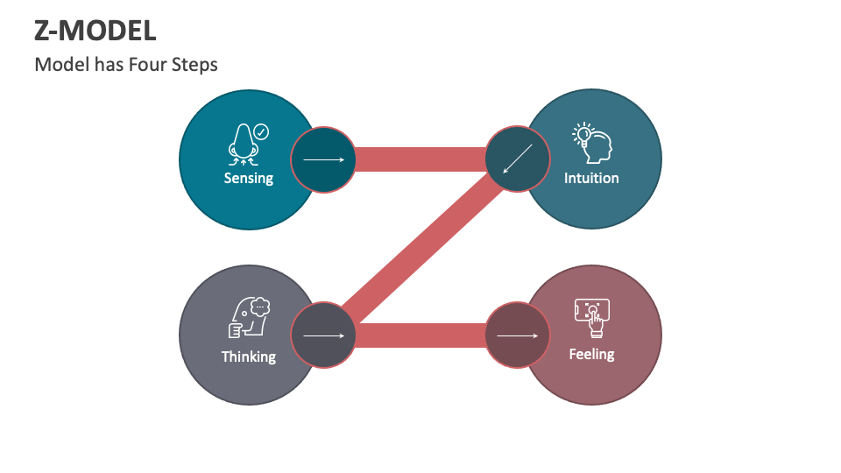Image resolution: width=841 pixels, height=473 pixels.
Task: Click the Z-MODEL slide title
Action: click(x=95, y=31)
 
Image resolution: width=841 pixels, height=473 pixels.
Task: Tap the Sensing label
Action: click(x=249, y=178)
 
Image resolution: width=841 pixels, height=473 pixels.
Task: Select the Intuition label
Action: click(x=591, y=178)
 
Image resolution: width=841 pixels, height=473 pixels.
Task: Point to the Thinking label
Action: click(x=249, y=357)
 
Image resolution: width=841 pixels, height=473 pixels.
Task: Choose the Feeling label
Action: click(x=591, y=354)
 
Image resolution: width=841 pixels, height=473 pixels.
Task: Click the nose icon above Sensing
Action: click(x=243, y=144)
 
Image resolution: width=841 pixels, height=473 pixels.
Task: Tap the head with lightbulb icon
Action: click(x=593, y=143)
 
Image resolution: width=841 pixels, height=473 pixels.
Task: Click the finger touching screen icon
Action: click(x=593, y=317)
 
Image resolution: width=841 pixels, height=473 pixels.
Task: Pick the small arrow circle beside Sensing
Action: click(x=323, y=159)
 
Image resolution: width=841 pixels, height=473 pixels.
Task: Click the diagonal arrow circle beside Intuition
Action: click(x=518, y=159)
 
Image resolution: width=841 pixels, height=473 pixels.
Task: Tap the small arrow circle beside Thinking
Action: click(x=323, y=335)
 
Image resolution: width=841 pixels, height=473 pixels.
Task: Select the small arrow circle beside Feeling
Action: click(x=518, y=335)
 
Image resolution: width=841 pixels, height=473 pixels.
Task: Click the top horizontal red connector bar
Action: click(x=420, y=159)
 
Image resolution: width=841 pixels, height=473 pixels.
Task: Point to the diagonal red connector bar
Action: click(x=420, y=247)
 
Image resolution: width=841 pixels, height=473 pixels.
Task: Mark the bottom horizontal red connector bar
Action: click(x=420, y=335)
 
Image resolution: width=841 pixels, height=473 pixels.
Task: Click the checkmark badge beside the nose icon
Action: click(x=261, y=132)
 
